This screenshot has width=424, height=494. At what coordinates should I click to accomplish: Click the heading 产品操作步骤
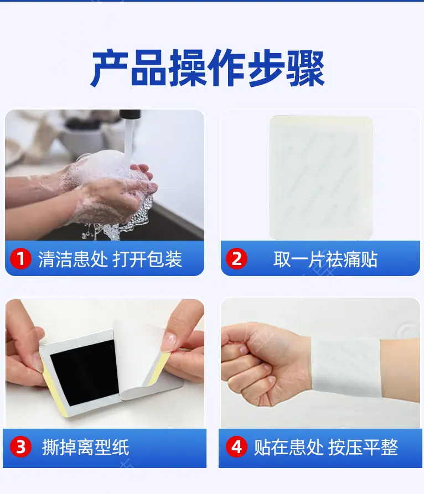tap(208, 68)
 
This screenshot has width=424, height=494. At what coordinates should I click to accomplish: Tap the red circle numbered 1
tap(20, 259)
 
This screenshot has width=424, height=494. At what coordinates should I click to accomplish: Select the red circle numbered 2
tap(236, 259)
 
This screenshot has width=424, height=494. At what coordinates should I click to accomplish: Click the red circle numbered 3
tap(20, 447)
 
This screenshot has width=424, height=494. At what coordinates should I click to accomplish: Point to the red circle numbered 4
tap(236, 447)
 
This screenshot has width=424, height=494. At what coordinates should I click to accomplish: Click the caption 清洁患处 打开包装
tap(110, 259)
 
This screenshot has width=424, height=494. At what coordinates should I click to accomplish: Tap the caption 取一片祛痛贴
tap(325, 259)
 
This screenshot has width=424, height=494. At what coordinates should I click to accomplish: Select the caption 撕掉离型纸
tap(86, 447)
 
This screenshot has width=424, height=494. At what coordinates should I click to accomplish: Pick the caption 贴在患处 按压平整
tap(326, 447)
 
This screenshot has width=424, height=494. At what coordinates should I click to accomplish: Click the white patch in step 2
tap(321, 178)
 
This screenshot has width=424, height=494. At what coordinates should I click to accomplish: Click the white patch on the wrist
tap(346, 366)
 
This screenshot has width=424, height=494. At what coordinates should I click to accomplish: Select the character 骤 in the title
tap(306, 68)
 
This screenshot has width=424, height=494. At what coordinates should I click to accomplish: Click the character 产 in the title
tap(110, 68)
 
